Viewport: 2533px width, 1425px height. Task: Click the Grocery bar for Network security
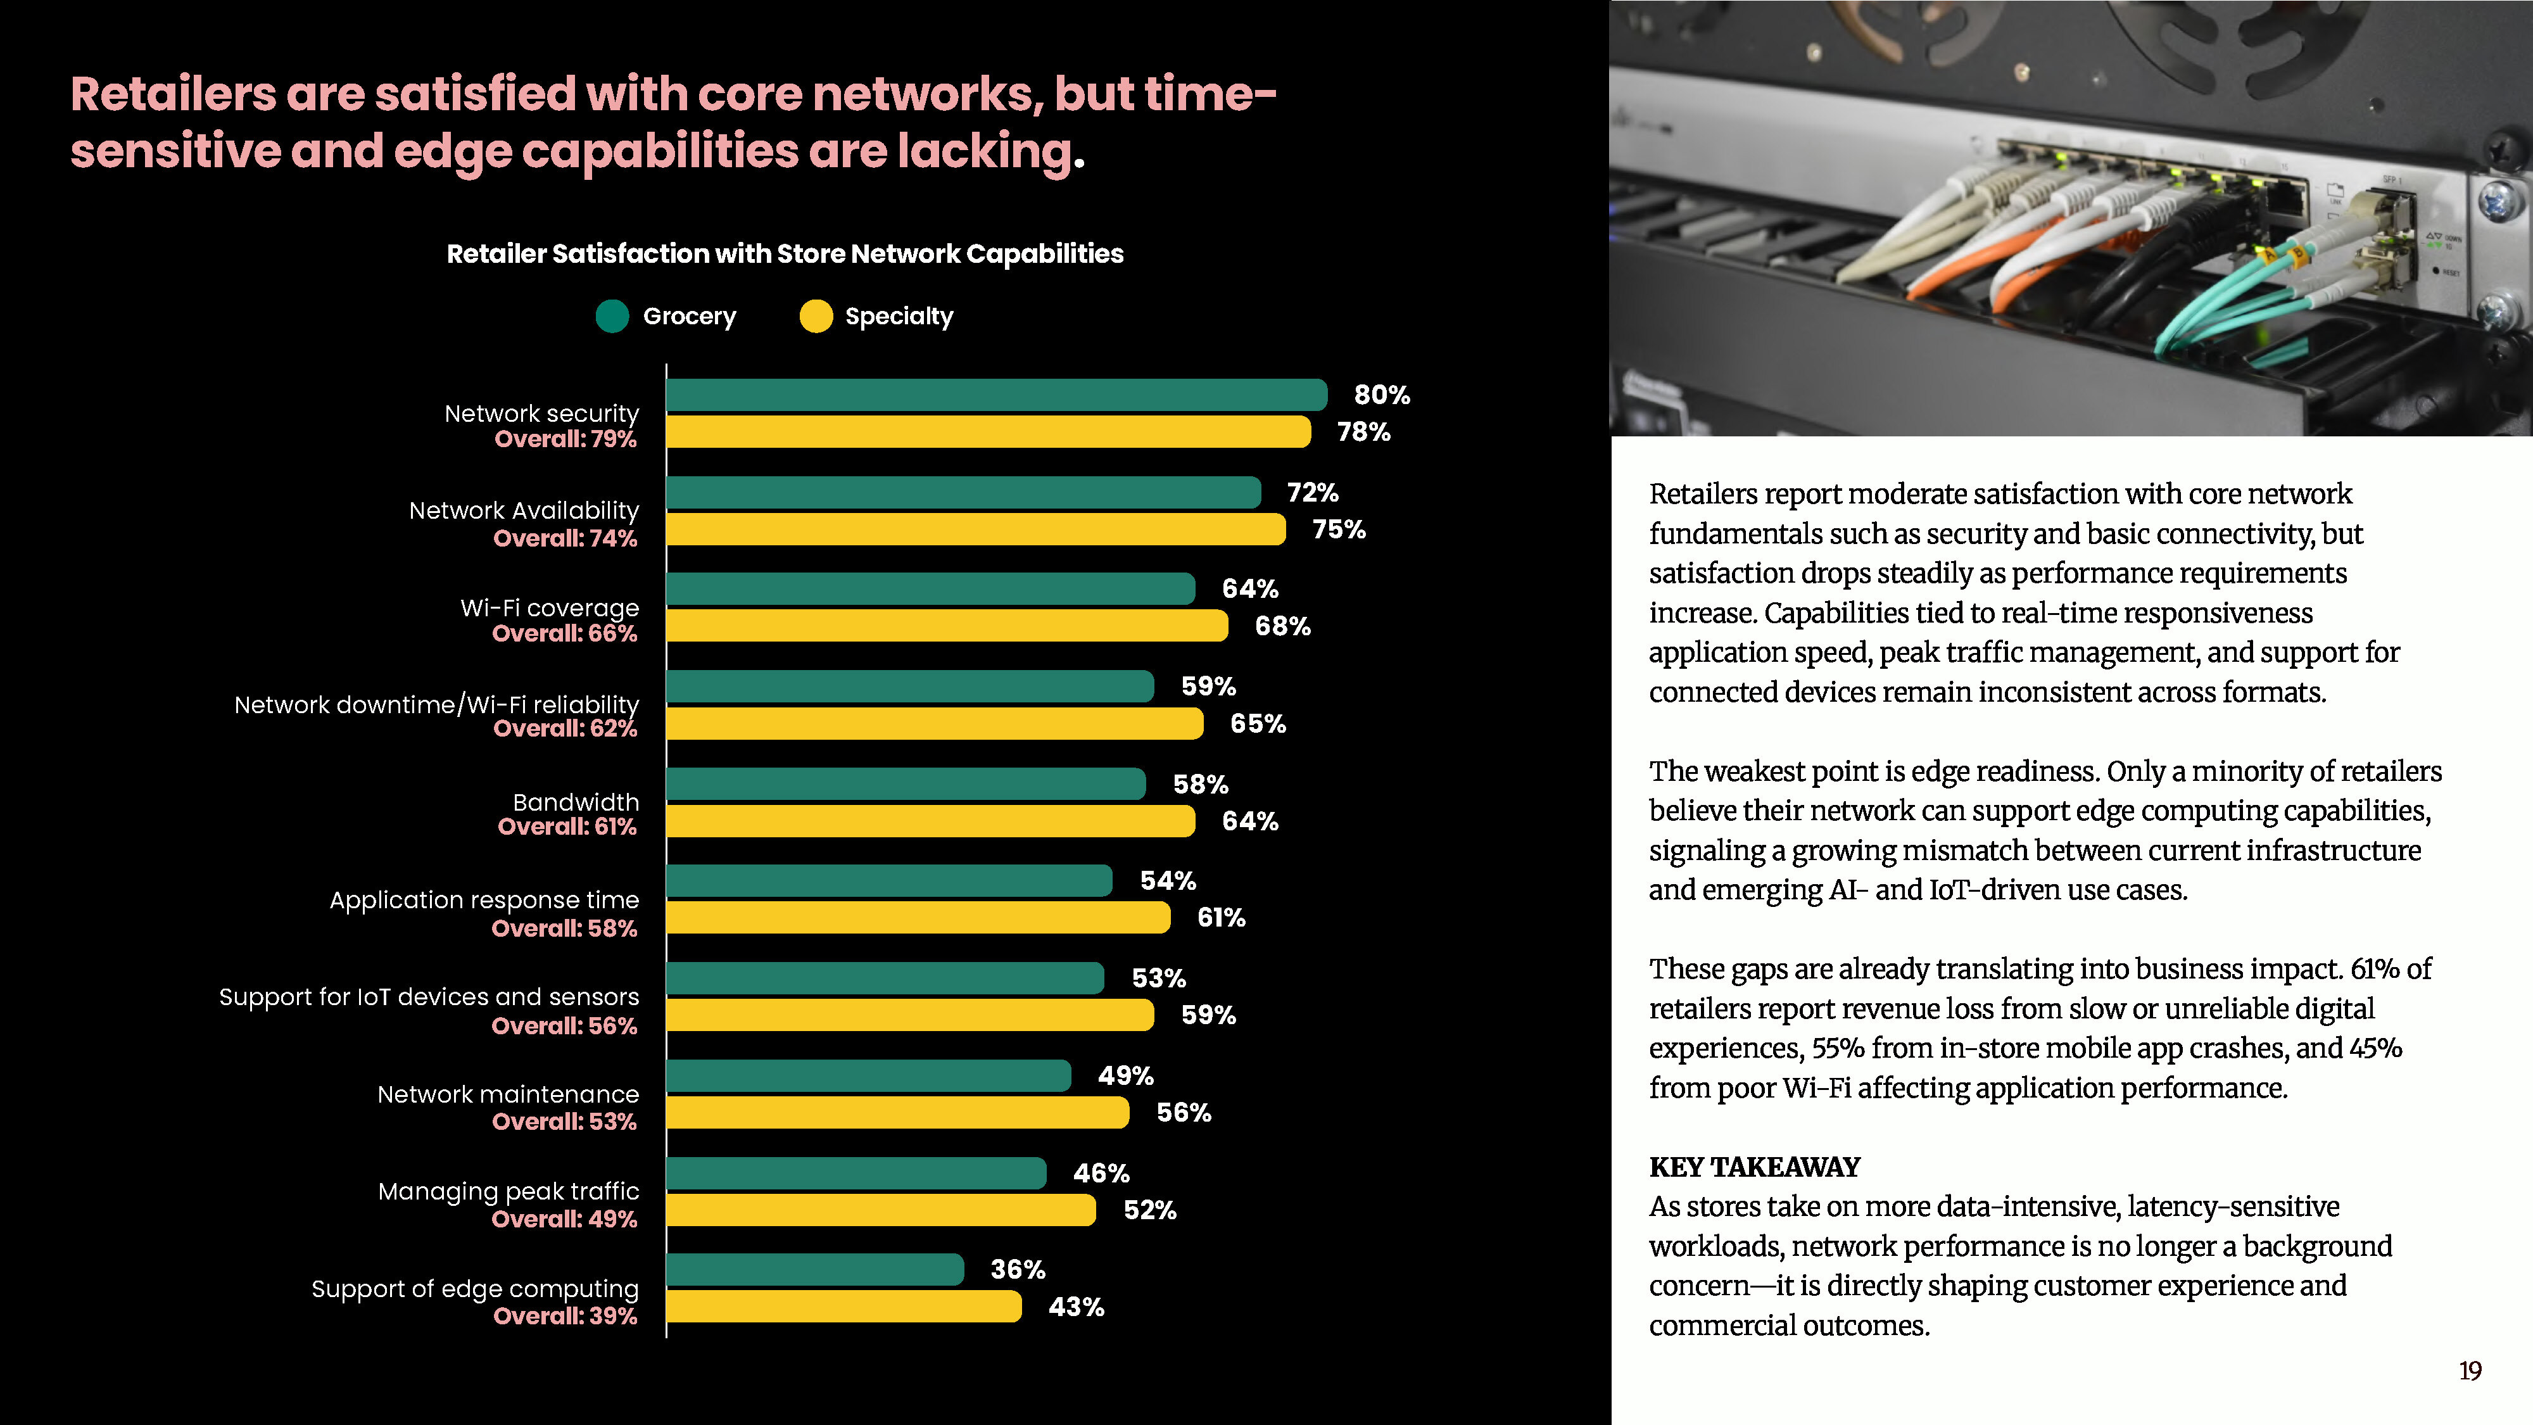(996, 395)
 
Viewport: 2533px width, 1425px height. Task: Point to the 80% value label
(1382, 395)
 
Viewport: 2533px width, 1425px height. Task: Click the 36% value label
(1018, 1270)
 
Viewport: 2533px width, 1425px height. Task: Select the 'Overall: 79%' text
(565, 439)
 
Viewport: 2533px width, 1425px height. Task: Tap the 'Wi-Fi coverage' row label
(550, 608)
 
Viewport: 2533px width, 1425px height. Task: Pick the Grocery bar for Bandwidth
(906, 784)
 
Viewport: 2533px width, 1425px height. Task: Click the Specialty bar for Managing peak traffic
(881, 1210)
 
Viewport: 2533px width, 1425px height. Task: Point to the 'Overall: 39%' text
(565, 1316)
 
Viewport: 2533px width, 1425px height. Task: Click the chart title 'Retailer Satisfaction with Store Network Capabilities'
(785, 254)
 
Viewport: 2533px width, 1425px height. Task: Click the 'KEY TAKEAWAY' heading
(1754, 1167)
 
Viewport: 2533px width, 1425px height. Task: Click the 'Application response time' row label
(484, 900)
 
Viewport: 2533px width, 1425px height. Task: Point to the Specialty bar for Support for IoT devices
(909, 1015)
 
